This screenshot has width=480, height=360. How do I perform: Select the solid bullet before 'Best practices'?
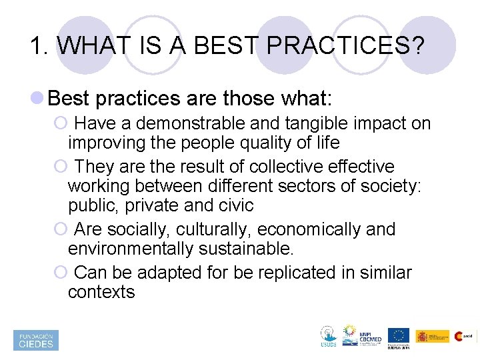pyautogui.click(x=39, y=99)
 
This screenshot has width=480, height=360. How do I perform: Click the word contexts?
pyautogui.click(x=101, y=291)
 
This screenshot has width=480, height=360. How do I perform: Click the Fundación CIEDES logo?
pyautogui.click(x=36, y=340)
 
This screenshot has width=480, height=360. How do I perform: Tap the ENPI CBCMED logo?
pyautogui.click(x=361, y=337)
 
